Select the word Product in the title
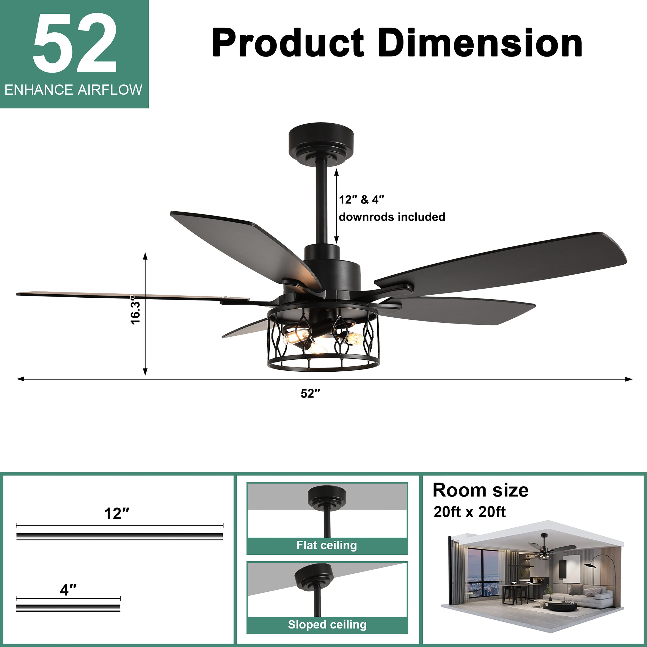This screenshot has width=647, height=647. (288, 43)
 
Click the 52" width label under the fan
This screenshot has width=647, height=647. (310, 394)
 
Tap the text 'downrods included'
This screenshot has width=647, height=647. (392, 217)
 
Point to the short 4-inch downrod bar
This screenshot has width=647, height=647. (68, 608)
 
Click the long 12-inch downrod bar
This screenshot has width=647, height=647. (119, 537)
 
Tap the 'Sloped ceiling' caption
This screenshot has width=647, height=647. (327, 625)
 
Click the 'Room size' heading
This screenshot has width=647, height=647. (480, 490)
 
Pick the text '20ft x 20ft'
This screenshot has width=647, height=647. (469, 512)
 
